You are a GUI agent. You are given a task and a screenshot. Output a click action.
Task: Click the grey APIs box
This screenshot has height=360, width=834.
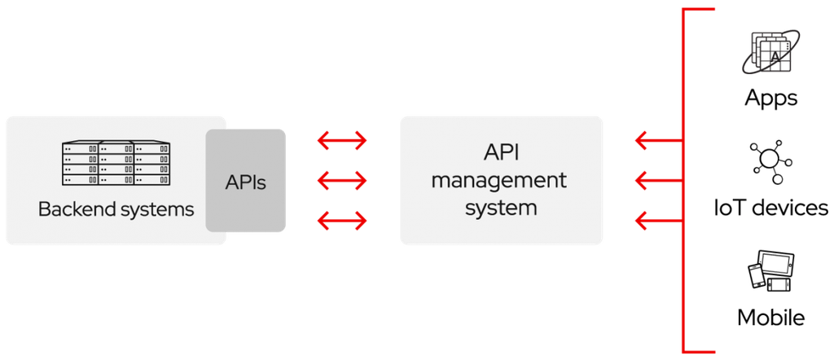(x=245, y=181)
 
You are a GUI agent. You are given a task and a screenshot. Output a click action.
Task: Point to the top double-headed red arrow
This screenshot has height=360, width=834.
(x=343, y=142)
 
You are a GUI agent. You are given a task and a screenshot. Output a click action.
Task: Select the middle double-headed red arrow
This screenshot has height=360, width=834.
(x=343, y=179)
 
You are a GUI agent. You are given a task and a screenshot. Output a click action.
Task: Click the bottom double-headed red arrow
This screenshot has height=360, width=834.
(x=343, y=219)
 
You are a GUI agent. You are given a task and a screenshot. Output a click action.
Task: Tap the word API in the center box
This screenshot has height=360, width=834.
(x=500, y=153)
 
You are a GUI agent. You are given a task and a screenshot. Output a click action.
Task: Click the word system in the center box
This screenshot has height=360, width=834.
(x=500, y=207)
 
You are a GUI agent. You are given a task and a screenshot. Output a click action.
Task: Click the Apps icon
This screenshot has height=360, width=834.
(x=770, y=53)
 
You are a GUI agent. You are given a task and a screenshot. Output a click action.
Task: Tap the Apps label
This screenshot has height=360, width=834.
(x=770, y=99)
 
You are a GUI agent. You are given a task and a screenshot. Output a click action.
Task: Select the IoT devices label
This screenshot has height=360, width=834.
(x=770, y=208)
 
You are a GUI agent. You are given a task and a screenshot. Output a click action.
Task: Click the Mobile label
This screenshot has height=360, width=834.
(x=770, y=317)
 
